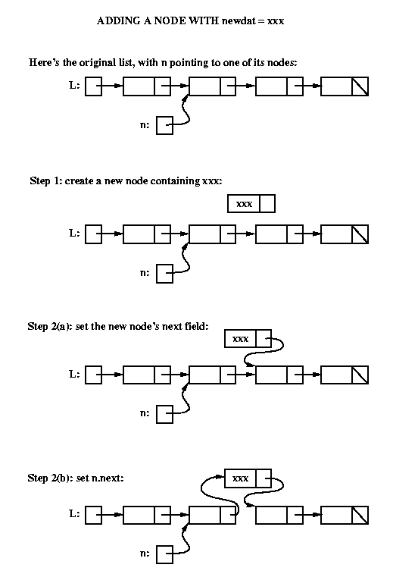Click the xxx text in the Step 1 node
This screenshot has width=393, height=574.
pyautogui.click(x=244, y=204)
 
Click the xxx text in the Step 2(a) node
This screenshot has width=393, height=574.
pyautogui.click(x=240, y=339)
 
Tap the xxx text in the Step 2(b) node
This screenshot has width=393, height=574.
pyautogui.click(x=240, y=478)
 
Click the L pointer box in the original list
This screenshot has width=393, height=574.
pyautogui.click(x=94, y=86)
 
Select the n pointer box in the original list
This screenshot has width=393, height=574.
pyautogui.click(x=164, y=125)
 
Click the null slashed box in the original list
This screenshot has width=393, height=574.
pyautogui.click(x=360, y=86)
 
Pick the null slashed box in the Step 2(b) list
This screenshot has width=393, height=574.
pyautogui.click(x=360, y=515)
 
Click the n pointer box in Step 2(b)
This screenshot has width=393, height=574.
pyautogui.click(x=164, y=554)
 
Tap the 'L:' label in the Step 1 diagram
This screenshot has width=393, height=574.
pyautogui.click(x=74, y=233)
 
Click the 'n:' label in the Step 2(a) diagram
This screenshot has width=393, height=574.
pyautogui.click(x=145, y=413)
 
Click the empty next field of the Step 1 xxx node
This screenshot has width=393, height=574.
pyautogui.click(x=267, y=203)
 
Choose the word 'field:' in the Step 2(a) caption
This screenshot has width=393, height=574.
pyautogui.click(x=196, y=326)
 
